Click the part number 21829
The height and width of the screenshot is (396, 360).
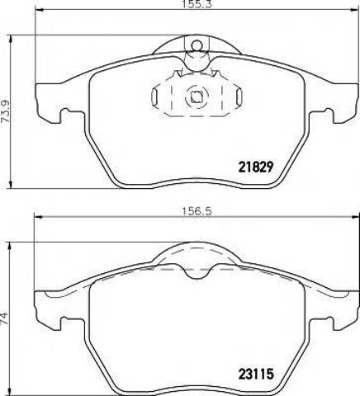click(256, 167)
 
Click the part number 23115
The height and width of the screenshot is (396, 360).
click(256, 374)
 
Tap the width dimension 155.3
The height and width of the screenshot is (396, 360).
click(197, 4)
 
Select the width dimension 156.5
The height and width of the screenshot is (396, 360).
click(197, 211)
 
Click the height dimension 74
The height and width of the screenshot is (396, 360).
click(4, 318)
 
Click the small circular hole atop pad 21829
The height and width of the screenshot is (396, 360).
click(197, 45)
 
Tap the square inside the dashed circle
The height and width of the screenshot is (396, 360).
click(197, 97)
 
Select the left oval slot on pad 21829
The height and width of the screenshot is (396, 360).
click(154, 96)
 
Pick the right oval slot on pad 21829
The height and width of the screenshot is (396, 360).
click(239, 96)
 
